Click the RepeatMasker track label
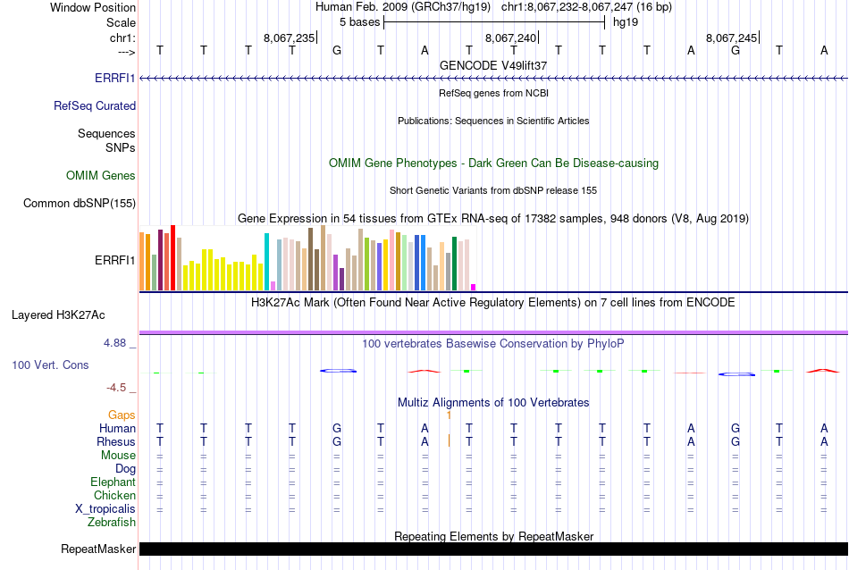(98, 549)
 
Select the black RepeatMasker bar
(492, 549)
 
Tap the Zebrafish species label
(113, 522)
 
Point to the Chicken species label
(114, 495)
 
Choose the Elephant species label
(112, 482)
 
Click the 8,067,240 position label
(511, 38)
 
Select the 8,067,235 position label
(290, 38)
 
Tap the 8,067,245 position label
(732, 38)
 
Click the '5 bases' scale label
(359, 21)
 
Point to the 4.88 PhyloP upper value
(116, 342)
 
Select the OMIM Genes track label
(101, 176)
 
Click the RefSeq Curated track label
(95, 105)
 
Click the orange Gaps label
(122, 415)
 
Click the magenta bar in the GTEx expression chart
(473, 287)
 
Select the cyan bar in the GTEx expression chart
(266, 261)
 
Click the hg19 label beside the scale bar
(626, 21)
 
